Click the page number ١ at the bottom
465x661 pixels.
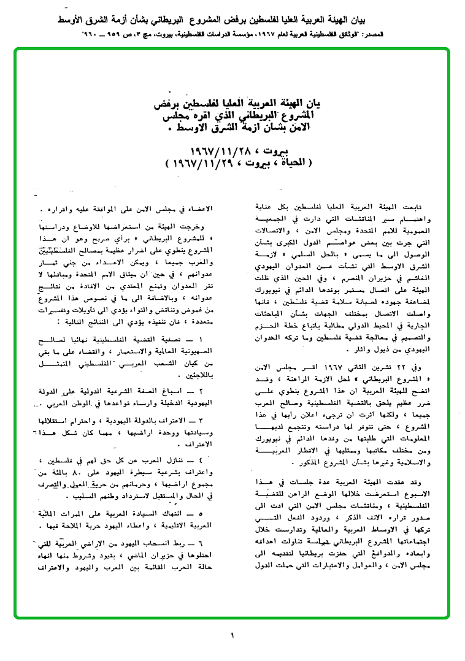pyautogui.click(x=233, y=636)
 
